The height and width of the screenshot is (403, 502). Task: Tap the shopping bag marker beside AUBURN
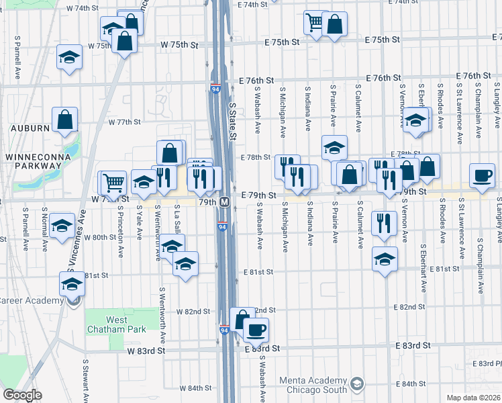point(65,121)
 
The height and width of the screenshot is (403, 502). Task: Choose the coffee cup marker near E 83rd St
point(257,329)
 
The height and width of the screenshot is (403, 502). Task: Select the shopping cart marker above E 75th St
point(313,22)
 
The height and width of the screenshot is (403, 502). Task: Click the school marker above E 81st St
point(385,259)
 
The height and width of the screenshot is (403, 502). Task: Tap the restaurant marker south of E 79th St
point(383,223)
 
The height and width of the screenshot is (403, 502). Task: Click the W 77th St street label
point(124,122)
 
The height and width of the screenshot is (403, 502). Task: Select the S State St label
point(234,122)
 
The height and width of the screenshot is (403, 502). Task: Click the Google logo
point(23,395)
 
